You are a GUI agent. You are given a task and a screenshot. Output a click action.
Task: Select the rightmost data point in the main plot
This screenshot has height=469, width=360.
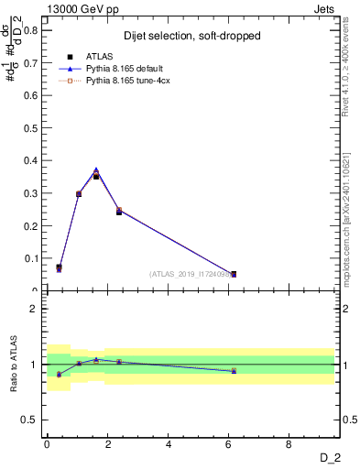point(234,274)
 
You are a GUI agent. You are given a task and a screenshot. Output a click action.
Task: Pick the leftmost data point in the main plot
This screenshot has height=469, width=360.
point(59,267)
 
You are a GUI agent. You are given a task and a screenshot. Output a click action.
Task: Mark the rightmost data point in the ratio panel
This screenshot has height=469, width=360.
point(234,370)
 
